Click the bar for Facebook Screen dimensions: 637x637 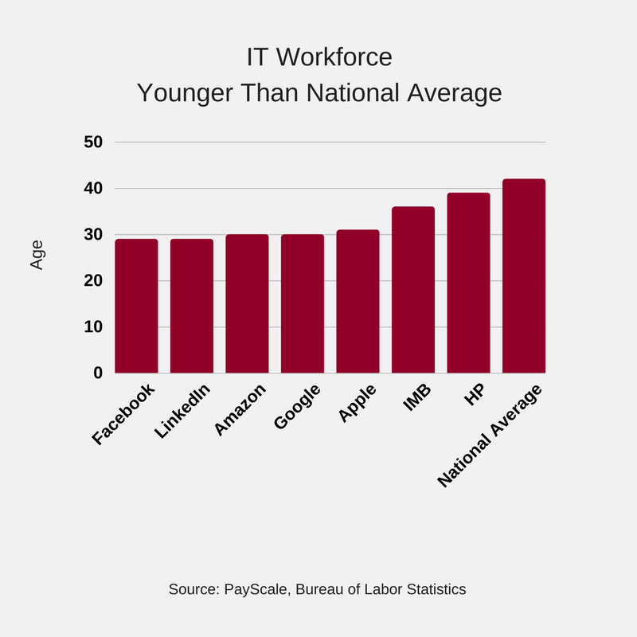pos(136,306)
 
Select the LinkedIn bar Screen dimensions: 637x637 pos(192,306)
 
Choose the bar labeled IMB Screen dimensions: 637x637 pos(413,290)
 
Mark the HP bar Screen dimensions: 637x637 pos(468,283)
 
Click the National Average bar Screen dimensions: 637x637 pos(524,276)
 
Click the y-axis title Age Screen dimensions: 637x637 pos(37,255)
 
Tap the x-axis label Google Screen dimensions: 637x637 pos(297,407)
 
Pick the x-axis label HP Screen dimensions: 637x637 pos(475,395)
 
